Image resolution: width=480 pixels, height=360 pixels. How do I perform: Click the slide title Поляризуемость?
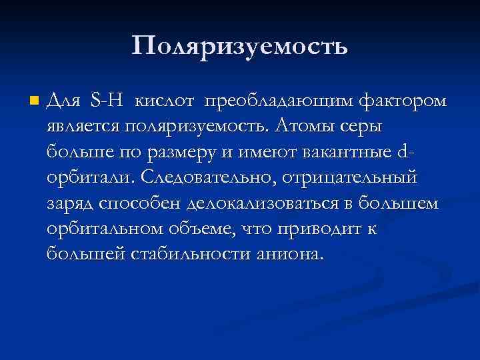coord(239,46)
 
